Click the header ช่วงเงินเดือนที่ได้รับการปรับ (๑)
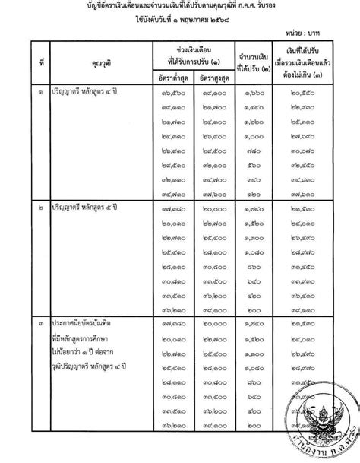pos(186,77)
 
